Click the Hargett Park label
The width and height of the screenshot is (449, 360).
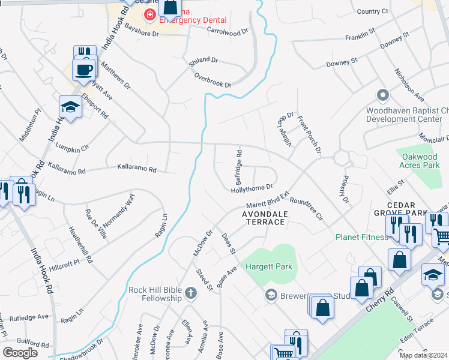pos(267,264)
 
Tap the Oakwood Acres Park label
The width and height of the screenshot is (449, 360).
pos(421,160)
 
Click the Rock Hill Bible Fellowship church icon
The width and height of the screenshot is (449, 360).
pos(190,293)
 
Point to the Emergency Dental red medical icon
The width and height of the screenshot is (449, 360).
pos(149,14)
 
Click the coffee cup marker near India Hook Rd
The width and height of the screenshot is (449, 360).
pos(83,69)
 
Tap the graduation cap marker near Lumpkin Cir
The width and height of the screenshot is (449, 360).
pos(70,107)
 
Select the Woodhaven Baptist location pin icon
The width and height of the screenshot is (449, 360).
pos(382,95)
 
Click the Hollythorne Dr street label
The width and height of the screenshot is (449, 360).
pos(253,190)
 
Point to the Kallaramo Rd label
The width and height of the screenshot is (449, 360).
pos(136,169)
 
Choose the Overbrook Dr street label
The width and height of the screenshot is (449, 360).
pos(212,80)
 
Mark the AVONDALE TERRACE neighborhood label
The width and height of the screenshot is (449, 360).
pos(264,218)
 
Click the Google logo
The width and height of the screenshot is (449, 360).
pos(20,352)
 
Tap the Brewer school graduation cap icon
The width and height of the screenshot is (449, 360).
pos(271,295)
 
